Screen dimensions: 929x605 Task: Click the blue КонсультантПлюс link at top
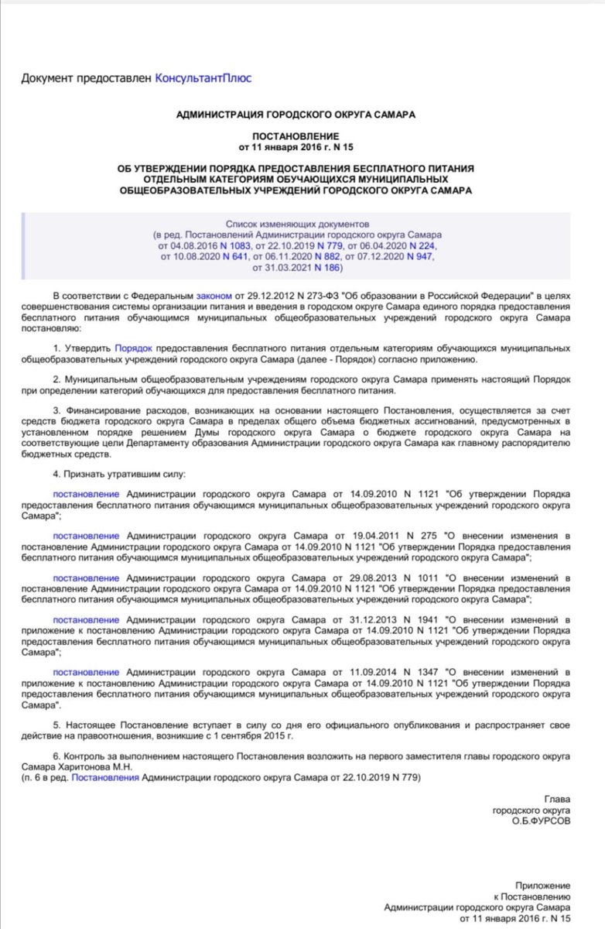(203, 77)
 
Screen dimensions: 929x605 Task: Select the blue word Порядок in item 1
(133, 349)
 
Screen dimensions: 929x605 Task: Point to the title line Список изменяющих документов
(297, 221)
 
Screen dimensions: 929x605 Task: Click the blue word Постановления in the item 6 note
(105, 776)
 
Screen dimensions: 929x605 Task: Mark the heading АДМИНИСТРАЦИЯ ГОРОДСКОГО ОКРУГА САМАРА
(296, 114)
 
